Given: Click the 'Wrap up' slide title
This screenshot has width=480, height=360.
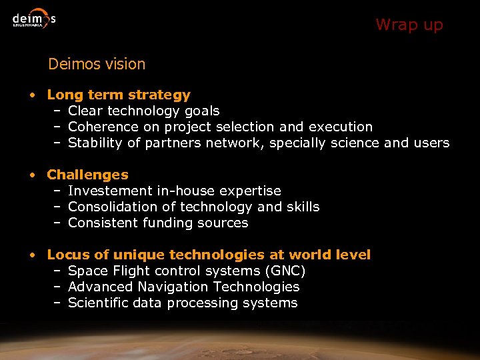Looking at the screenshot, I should [409, 25].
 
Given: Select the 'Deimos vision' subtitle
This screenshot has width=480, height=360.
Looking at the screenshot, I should [97, 65].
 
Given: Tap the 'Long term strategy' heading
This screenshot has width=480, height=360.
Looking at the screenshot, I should [119, 95].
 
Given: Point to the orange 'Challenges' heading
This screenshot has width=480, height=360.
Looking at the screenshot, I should [87, 175].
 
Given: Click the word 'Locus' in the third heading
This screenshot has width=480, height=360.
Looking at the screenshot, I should [67, 255].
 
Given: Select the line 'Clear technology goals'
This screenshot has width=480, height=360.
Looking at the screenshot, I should [143, 111].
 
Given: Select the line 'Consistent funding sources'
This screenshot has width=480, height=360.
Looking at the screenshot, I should [158, 223].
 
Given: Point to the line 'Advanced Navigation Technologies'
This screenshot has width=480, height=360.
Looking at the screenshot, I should [183, 287].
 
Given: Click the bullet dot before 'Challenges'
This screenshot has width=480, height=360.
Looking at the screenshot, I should [32, 175].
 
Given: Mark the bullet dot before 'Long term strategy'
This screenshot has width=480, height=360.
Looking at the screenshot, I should [32, 95].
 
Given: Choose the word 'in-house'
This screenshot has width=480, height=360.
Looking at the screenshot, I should [187, 191].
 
